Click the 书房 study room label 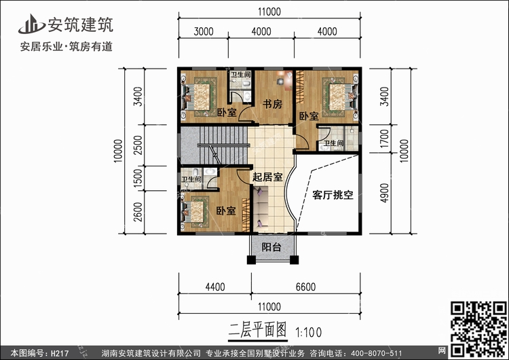(272, 103)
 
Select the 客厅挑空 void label (333, 195)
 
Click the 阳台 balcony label (272, 248)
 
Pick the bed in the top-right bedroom (337, 94)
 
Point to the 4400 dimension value (214, 287)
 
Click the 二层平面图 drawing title (257, 331)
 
